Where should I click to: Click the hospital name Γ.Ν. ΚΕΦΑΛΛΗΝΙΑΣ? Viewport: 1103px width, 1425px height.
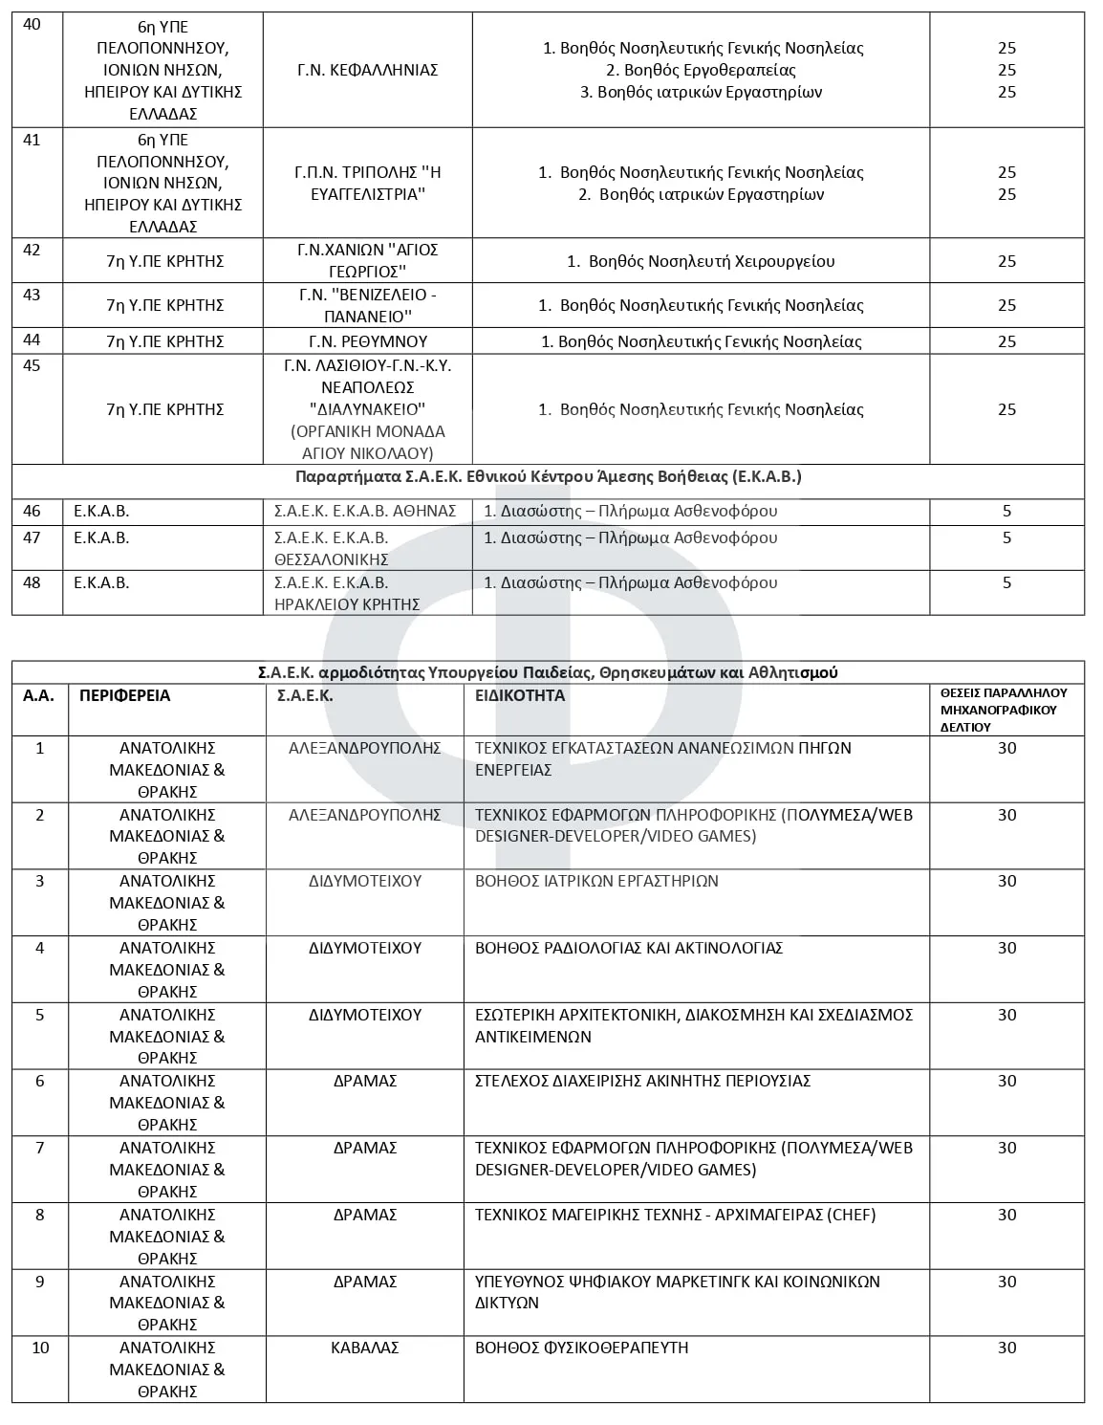pos(367,70)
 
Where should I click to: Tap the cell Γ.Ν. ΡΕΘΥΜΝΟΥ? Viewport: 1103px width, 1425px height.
pos(367,341)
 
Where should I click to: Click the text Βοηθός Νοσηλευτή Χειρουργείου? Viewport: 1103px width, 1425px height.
pos(711,261)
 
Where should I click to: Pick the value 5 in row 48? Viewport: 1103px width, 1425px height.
pos(1006,582)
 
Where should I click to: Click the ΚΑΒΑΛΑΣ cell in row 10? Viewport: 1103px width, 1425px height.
pos(364,1348)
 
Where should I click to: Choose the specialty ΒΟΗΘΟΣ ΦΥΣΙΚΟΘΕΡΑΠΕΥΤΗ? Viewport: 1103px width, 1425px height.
pos(581,1348)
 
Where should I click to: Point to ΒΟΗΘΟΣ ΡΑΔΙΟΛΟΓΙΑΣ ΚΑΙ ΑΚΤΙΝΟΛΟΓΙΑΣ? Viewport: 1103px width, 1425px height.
pos(629,948)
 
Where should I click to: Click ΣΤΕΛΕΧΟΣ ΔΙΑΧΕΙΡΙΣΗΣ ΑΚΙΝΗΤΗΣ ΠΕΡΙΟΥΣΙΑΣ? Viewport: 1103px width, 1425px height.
pos(642,1081)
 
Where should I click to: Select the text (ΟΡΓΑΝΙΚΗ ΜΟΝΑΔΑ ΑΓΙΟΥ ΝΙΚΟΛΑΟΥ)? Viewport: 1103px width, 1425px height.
pos(367,443)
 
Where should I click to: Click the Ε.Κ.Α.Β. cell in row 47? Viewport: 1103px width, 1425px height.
pos(101,537)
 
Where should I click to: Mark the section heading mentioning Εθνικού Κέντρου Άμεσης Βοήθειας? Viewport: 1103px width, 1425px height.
pos(548,476)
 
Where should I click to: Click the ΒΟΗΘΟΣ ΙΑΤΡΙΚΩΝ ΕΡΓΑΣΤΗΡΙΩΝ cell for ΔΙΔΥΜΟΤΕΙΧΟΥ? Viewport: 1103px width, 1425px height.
pos(596,881)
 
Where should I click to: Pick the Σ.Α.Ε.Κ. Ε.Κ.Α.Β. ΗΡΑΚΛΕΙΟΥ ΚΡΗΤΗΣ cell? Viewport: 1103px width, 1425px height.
pos(347,593)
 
